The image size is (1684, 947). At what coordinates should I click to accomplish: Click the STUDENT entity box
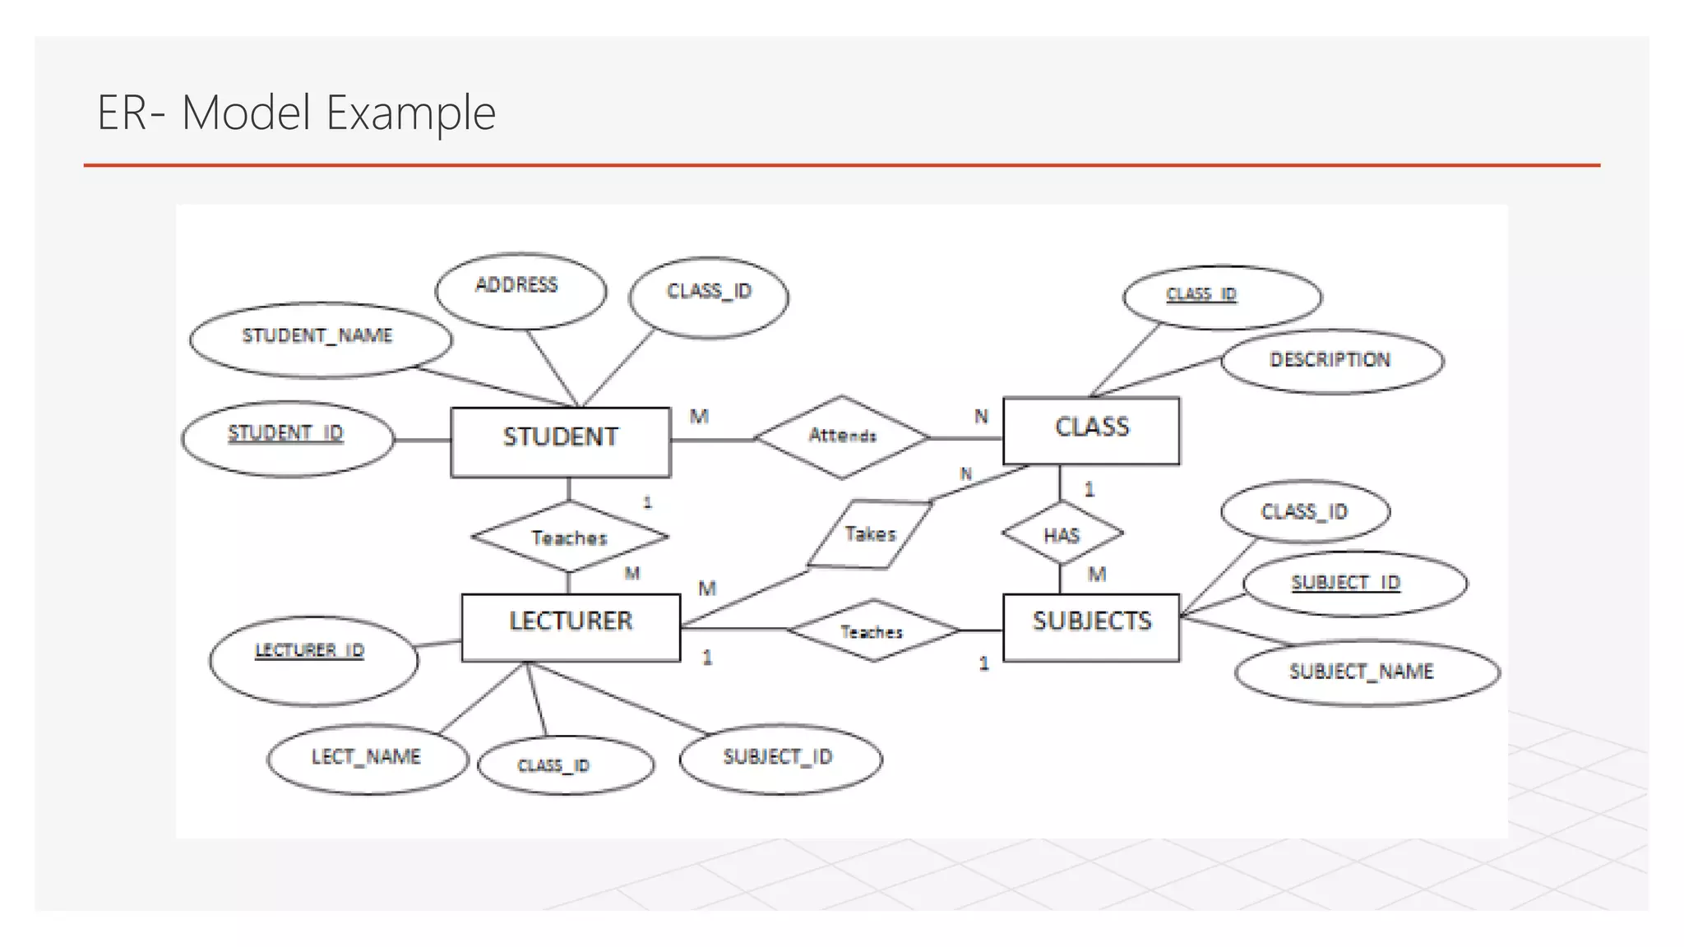click(x=561, y=441)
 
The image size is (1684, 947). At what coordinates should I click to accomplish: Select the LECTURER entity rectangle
click(x=571, y=627)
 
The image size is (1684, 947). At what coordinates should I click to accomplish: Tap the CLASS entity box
click(x=1091, y=431)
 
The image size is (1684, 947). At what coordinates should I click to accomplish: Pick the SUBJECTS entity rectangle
click(x=1091, y=627)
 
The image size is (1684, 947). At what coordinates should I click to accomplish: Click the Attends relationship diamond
click(x=842, y=437)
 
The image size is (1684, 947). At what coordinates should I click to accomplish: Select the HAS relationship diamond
click(x=1062, y=534)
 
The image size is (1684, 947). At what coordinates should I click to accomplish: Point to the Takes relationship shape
click(x=870, y=534)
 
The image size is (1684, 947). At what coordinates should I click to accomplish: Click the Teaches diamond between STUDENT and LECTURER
click(x=569, y=538)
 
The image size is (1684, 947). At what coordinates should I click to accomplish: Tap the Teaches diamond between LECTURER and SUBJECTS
click(x=872, y=631)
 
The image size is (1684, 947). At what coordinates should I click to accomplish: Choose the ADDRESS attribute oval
click(x=520, y=290)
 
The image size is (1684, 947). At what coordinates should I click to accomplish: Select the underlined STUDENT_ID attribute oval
click(x=287, y=438)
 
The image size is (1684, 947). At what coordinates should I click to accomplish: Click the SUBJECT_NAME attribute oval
click(x=1366, y=673)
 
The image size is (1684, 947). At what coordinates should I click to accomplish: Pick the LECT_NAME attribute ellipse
click(x=367, y=758)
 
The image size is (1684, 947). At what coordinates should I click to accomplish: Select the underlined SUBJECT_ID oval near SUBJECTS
click(x=1353, y=584)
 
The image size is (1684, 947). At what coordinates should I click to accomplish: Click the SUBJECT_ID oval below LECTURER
click(x=780, y=758)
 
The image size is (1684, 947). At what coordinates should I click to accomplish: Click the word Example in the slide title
click(x=411, y=113)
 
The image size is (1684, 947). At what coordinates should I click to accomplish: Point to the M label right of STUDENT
click(x=699, y=417)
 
